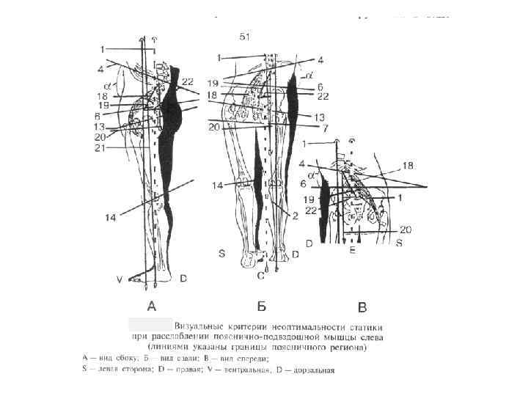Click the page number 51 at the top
click(246, 35)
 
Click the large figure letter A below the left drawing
click(152, 306)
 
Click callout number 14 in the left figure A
click(111, 218)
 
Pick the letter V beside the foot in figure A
click(120, 279)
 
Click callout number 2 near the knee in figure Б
click(294, 216)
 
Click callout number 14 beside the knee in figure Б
click(217, 186)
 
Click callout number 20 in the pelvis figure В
click(406, 230)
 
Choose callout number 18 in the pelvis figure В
click(408, 166)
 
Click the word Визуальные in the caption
click(197, 324)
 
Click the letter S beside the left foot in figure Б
click(220, 253)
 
